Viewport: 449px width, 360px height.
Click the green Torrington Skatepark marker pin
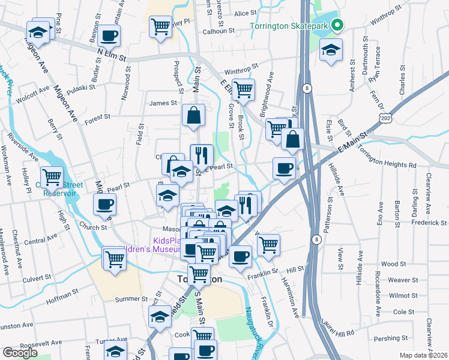pyautogui.click(x=337, y=26)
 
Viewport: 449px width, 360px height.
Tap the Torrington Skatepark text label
pyautogui.click(x=290, y=26)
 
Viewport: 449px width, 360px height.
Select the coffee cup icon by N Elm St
pyautogui.click(x=109, y=36)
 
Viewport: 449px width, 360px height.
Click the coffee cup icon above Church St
pyautogui.click(x=104, y=204)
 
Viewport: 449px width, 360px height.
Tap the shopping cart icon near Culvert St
pyautogui.click(x=114, y=259)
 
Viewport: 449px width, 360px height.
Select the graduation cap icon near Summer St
pyautogui.click(x=160, y=316)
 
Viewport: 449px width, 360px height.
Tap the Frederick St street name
pyautogui.click(x=429, y=223)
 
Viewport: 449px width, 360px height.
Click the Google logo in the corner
pyautogui.click(x=20, y=353)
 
